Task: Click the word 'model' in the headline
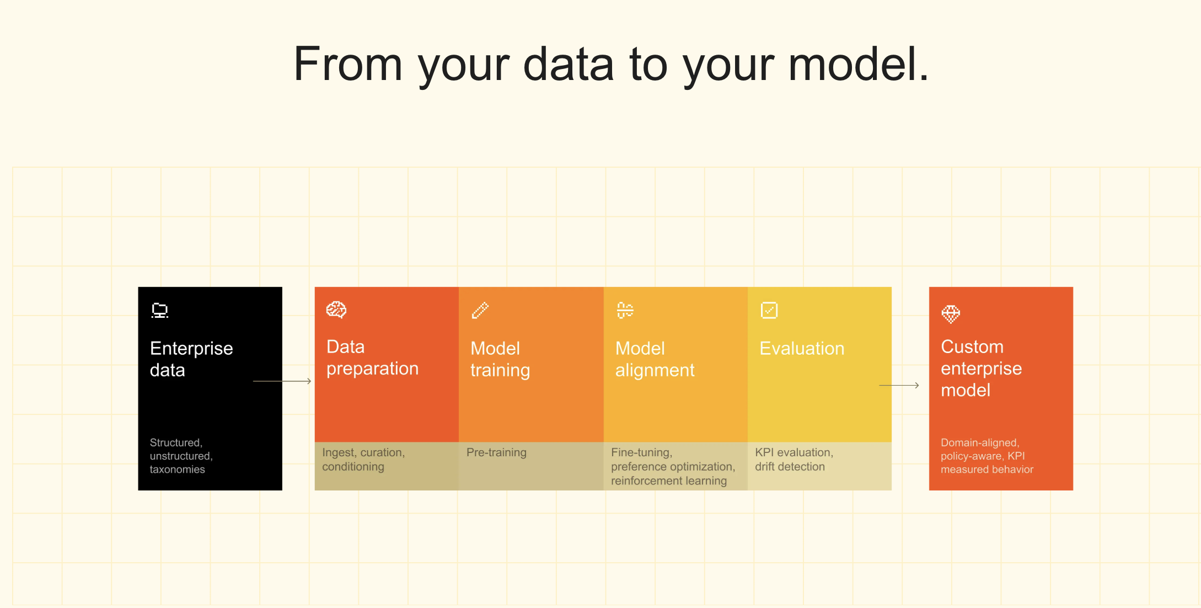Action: (x=852, y=64)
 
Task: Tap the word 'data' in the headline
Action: (x=568, y=64)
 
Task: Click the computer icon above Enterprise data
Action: (x=160, y=311)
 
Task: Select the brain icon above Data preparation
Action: (x=336, y=310)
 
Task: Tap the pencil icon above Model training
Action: (x=480, y=310)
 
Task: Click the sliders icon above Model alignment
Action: (x=625, y=310)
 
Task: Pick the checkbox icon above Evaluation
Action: (x=769, y=310)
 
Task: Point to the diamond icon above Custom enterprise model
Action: (x=951, y=314)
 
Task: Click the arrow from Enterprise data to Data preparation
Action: (x=282, y=381)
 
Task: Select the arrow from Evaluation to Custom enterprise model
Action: (x=899, y=385)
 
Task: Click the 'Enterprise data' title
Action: (x=191, y=359)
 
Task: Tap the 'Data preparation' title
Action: (x=372, y=358)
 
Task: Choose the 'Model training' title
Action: (x=500, y=359)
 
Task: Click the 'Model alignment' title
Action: (x=655, y=359)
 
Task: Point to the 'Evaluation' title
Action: (x=802, y=349)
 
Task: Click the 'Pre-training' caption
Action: (x=496, y=452)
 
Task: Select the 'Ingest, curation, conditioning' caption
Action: (x=363, y=460)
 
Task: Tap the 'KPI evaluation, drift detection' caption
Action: (x=794, y=460)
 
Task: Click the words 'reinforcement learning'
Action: (x=669, y=481)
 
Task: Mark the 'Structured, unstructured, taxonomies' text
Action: (x=181, y=456)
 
